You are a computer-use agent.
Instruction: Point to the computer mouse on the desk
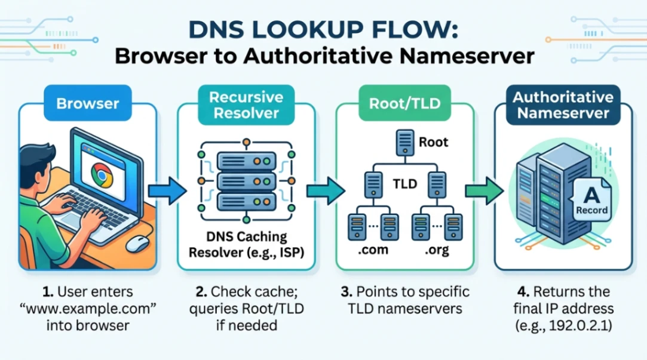(x=137, y=243)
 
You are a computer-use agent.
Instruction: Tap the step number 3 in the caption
(x=345, y=293)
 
